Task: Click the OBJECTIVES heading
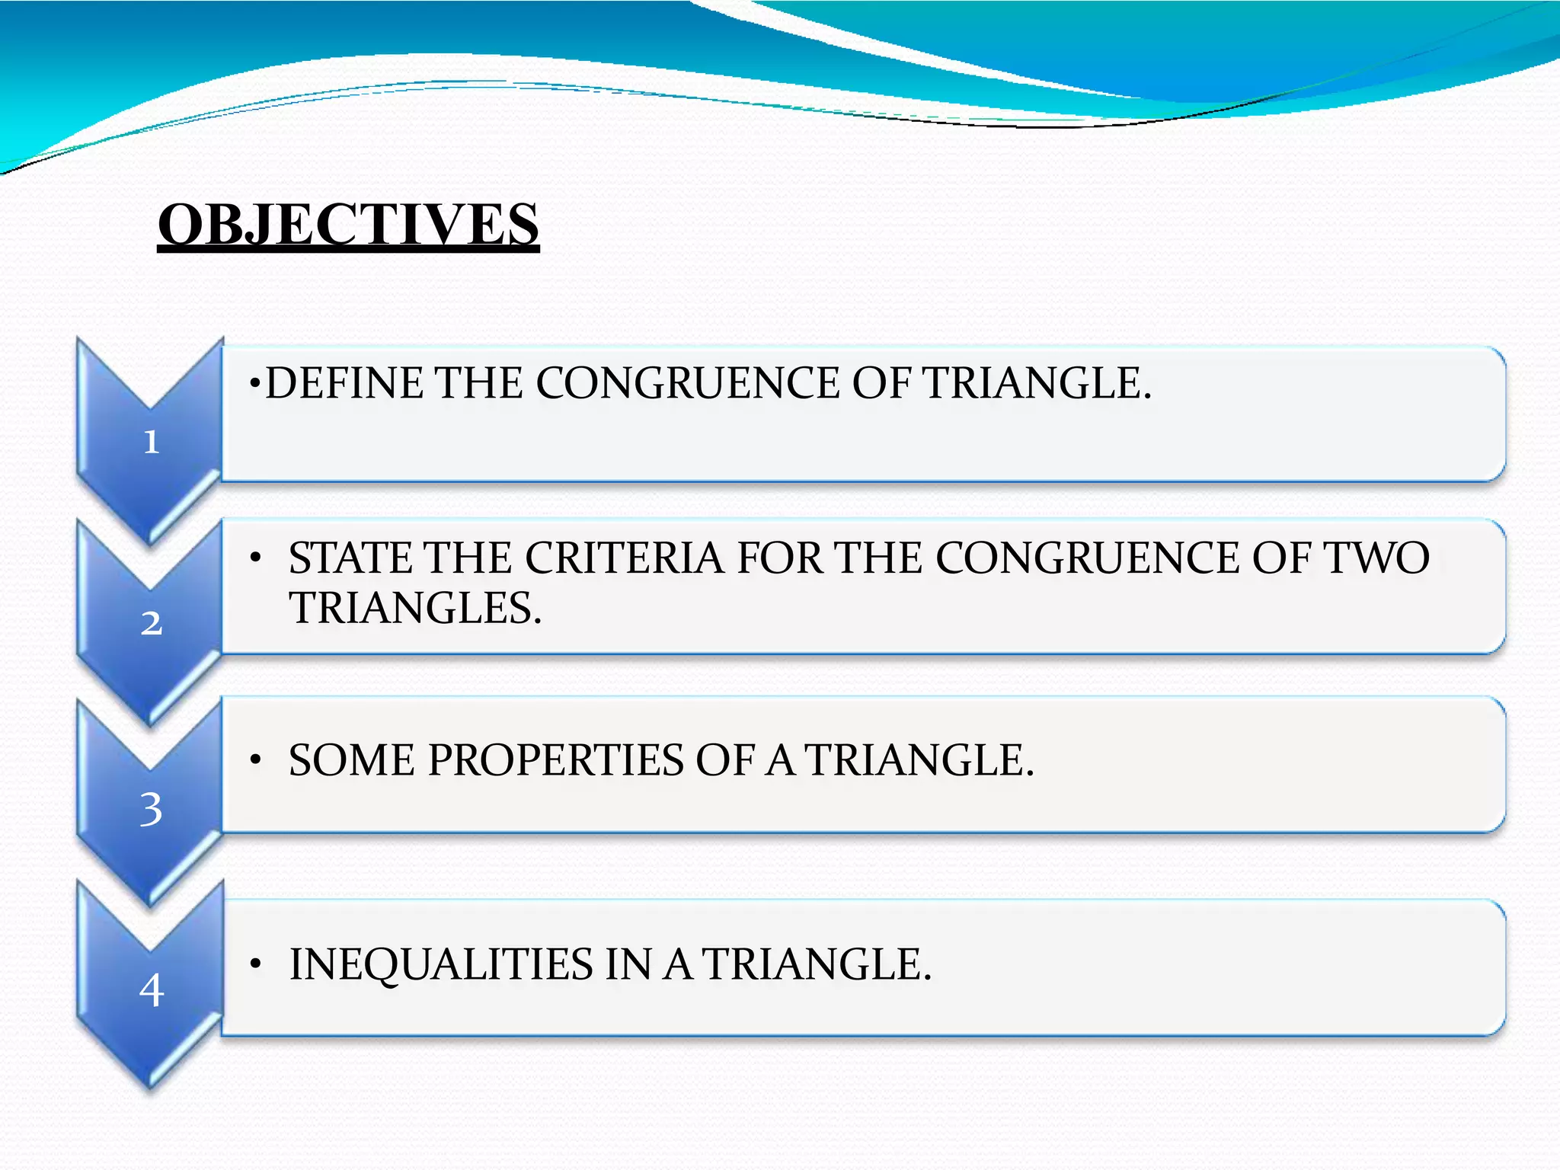348,225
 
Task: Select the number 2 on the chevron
151,623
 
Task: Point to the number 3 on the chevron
151,809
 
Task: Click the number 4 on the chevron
151,990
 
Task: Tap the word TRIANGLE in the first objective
1036,383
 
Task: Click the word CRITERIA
624,558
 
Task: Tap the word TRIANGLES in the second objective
415,608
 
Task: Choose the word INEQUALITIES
441,964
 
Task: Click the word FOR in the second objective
779,558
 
